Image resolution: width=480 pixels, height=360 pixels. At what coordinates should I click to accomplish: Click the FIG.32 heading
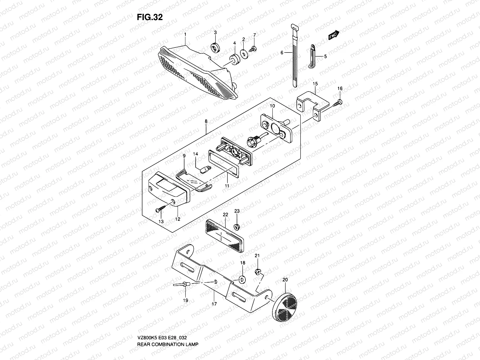coord(150,17)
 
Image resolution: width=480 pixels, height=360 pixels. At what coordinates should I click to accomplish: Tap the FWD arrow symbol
coord(334,35)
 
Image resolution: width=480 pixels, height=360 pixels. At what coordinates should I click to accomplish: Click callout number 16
coord(340,88)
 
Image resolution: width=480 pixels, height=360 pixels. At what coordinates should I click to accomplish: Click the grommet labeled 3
coord(215,47)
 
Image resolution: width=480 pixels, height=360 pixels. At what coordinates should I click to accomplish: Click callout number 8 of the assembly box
coord(206,121)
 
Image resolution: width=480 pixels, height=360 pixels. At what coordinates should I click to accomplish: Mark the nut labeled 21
coord(257,272)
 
